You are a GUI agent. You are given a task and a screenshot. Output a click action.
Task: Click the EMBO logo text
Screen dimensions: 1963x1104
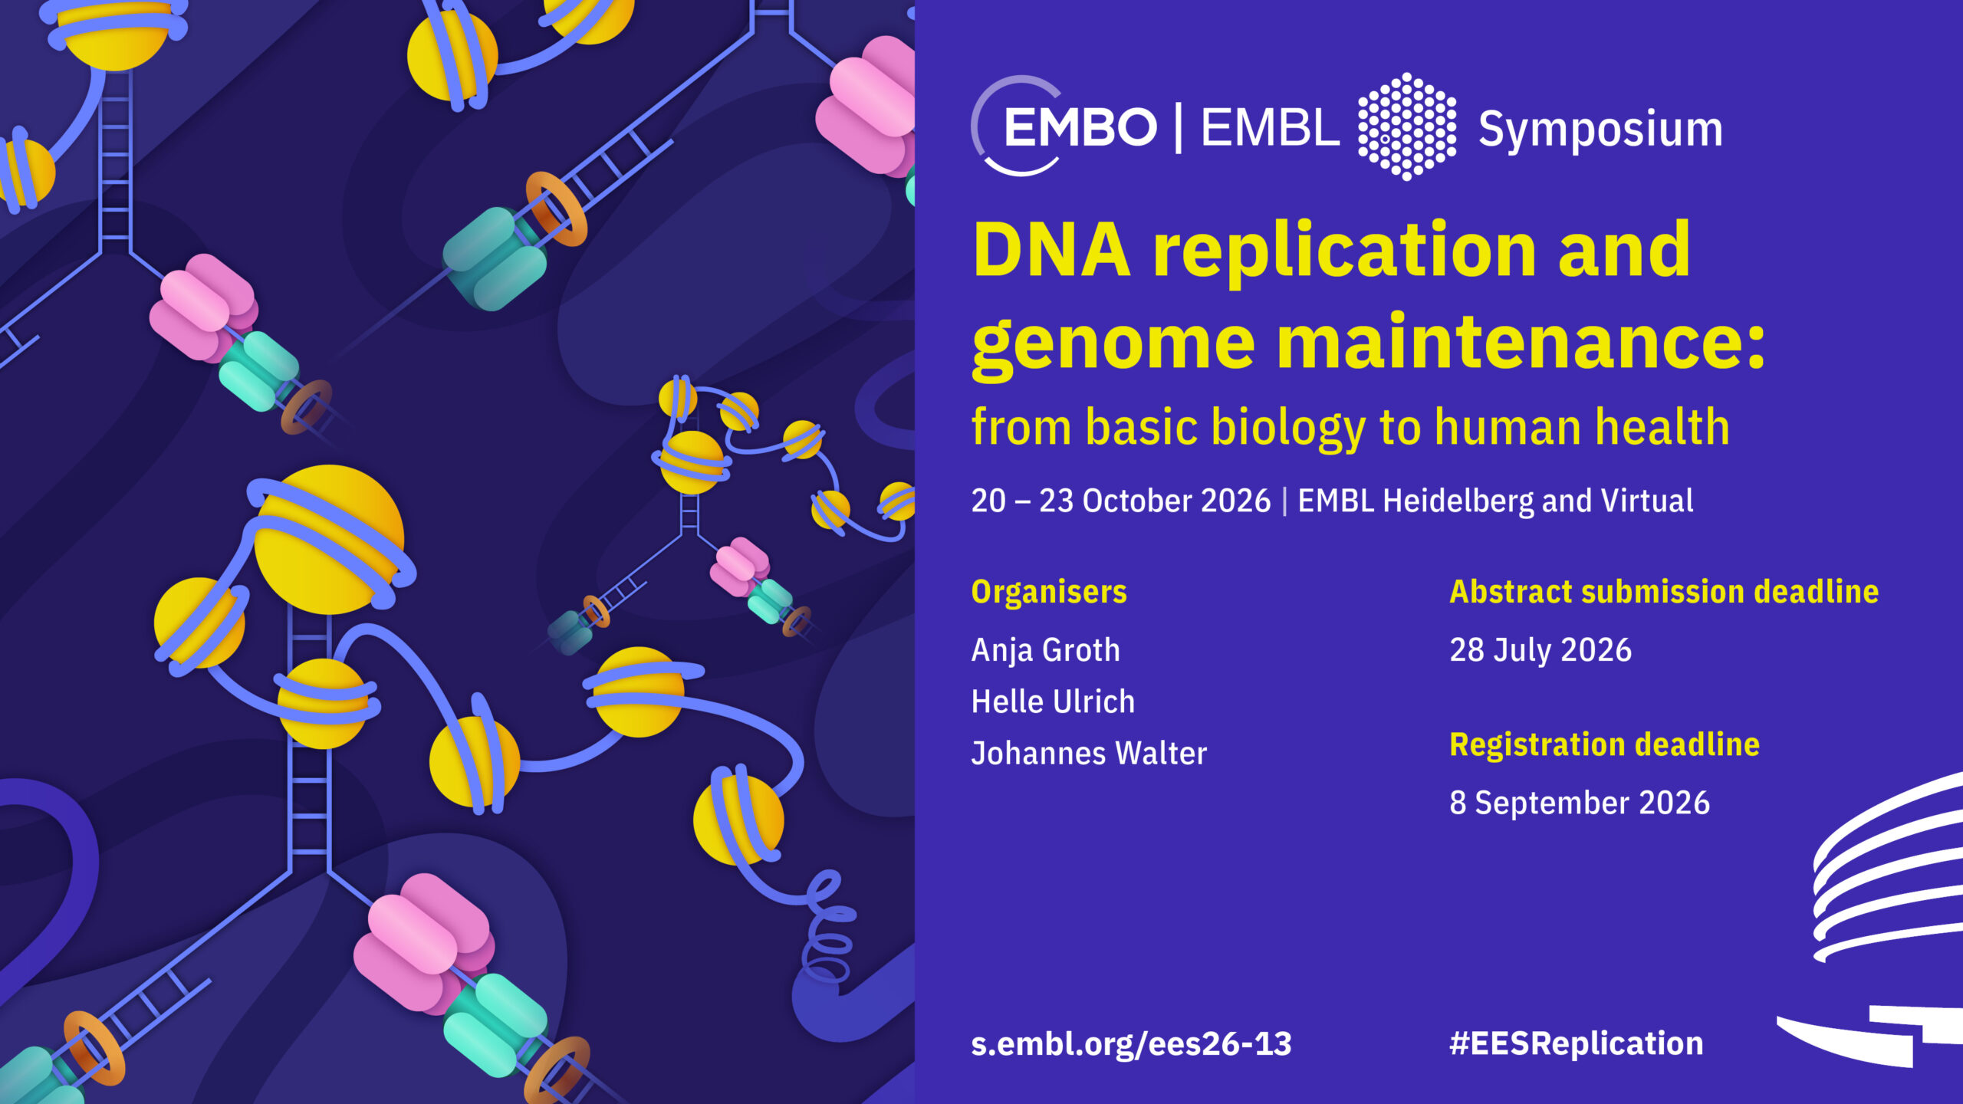[1080, 127]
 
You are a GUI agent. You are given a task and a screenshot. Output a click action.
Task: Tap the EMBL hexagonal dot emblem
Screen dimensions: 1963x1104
[1406, 127]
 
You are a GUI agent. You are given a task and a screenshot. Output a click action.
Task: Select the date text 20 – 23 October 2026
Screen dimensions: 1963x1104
[1121, 501]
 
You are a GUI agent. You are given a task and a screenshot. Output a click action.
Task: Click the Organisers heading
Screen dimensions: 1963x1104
[1049, 592]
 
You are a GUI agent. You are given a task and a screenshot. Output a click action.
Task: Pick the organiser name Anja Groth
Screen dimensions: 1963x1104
[1046, 650]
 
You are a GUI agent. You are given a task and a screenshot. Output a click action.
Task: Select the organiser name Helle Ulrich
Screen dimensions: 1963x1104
[1053, 701]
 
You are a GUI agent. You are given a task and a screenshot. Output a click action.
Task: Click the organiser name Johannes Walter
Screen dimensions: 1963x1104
[1089, 753]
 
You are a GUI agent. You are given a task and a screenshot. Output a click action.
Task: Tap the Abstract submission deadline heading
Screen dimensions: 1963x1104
[1664, 592]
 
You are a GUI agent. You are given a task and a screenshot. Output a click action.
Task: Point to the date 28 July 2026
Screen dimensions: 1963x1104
[1540, 650]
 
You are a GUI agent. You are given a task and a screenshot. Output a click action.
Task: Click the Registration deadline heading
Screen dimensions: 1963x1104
[1604, 744]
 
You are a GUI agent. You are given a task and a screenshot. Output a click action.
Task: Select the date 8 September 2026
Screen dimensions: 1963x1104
[1580, 803]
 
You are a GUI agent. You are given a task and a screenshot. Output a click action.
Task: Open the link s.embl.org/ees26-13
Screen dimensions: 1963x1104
[1131, 1044]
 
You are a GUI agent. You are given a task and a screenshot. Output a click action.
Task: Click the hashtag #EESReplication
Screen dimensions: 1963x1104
[1576, 1044]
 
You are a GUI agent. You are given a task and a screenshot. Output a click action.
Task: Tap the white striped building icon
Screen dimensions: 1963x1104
[1879, 920]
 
